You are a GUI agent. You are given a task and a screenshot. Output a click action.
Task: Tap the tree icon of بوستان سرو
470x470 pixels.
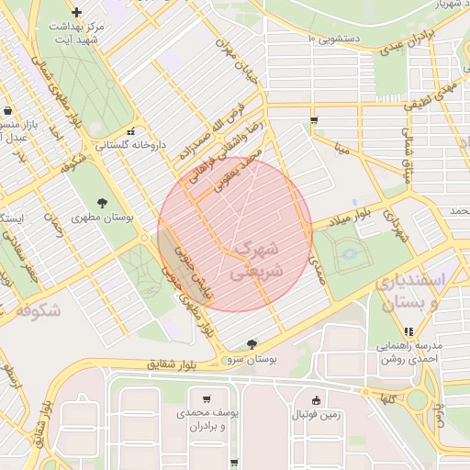click(252, 344)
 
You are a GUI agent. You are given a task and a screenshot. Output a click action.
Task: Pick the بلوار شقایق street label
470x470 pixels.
click(171, 364)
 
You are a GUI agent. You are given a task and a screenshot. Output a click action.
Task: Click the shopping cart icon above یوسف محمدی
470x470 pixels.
click(207, 399)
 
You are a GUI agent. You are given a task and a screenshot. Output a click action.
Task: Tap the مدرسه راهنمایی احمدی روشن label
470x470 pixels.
click(408, 353)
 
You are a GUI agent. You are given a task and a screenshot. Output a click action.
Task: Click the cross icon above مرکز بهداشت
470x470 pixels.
click(76, 12)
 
